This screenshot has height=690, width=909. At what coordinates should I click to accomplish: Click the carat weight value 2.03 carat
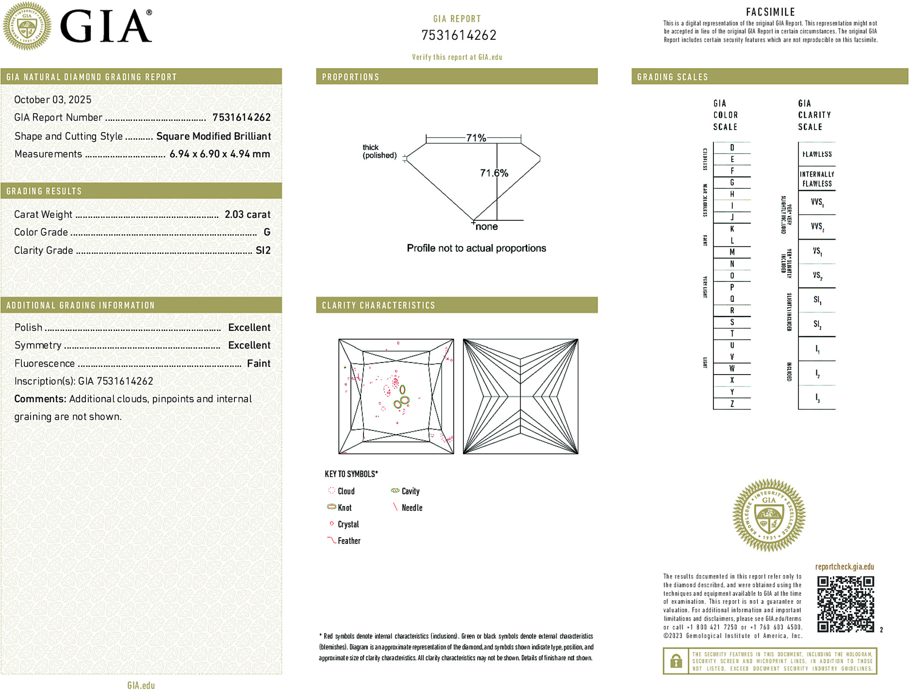pos(247,214)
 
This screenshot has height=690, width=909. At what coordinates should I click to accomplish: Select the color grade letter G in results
pos(266,232)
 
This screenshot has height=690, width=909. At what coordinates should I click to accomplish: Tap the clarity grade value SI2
pos(263,250)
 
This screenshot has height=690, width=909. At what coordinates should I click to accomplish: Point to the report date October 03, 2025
pos(52,99)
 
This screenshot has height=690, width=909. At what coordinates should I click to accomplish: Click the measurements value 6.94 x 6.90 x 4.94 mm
pos(219,154)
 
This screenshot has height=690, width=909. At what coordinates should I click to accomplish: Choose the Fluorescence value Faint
pos(258,363)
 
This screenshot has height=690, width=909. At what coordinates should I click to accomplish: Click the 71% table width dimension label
pos(476,138)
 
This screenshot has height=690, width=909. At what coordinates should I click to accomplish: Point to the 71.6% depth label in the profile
pos(494,173)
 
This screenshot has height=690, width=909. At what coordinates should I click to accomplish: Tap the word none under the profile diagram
pos(486,227)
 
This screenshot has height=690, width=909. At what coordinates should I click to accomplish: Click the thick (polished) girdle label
pos(379,151)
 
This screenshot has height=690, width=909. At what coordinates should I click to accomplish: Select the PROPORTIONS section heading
pos(350,77)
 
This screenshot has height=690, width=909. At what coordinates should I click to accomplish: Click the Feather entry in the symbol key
pos(348,541)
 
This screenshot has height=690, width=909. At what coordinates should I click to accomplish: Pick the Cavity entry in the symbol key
pos(410,491)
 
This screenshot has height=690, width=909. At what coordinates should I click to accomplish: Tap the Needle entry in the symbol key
pos(412,508)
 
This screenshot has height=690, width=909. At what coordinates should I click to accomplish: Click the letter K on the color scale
pos(732,229)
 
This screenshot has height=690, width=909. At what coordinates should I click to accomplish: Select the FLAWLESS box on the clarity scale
pos(816,154)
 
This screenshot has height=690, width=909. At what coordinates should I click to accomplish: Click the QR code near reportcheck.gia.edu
pos(845,604)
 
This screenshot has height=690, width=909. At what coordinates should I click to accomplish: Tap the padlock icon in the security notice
pos(675,661)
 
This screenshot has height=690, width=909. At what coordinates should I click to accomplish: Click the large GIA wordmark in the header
pos(106,27)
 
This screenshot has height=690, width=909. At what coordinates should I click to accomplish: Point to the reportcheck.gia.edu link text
pos(844,566)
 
